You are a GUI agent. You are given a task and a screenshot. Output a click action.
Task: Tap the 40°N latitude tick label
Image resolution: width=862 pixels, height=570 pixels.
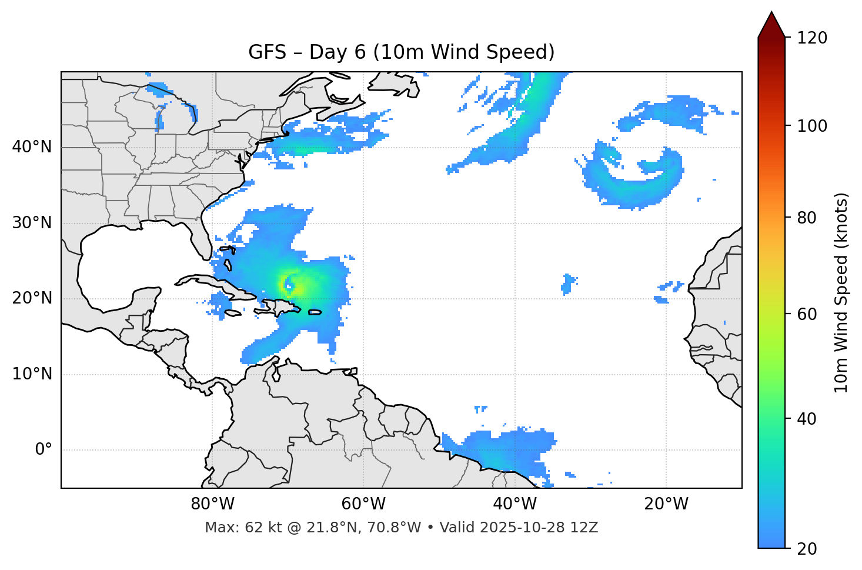tap(32, 147)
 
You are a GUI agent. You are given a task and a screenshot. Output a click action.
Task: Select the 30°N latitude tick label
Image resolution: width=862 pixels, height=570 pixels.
tap(32, 223)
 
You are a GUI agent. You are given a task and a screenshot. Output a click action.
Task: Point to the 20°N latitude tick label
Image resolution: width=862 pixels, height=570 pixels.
tap(32, 298)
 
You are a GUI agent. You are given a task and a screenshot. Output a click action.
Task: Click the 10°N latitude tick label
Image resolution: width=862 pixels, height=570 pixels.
tap(32, 374)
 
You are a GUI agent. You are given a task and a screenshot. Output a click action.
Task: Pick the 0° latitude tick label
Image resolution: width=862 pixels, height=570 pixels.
tap(44, 450)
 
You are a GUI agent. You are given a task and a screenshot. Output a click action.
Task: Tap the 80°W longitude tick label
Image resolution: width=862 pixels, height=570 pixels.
tap(212, 504)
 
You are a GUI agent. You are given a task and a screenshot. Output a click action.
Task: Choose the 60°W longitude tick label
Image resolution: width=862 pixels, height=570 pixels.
tap(363, 504)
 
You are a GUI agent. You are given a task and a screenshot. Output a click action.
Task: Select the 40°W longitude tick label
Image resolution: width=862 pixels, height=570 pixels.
tap(515, 504)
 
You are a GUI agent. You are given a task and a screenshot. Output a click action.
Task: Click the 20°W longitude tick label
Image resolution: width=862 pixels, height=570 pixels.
tap(666, 504)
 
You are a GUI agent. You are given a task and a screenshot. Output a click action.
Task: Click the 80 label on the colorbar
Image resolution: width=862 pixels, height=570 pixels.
tap(807, 218)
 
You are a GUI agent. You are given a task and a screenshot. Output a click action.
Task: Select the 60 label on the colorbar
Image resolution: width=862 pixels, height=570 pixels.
tap(807, 314)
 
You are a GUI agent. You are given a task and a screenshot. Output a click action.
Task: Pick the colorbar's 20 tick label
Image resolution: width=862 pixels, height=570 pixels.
tap(807, 549)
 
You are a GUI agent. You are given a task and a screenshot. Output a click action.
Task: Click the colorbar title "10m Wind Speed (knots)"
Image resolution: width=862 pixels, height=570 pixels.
tap(841, 292)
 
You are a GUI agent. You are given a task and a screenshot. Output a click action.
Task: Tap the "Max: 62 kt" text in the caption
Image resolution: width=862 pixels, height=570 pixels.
tap(232, 528)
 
